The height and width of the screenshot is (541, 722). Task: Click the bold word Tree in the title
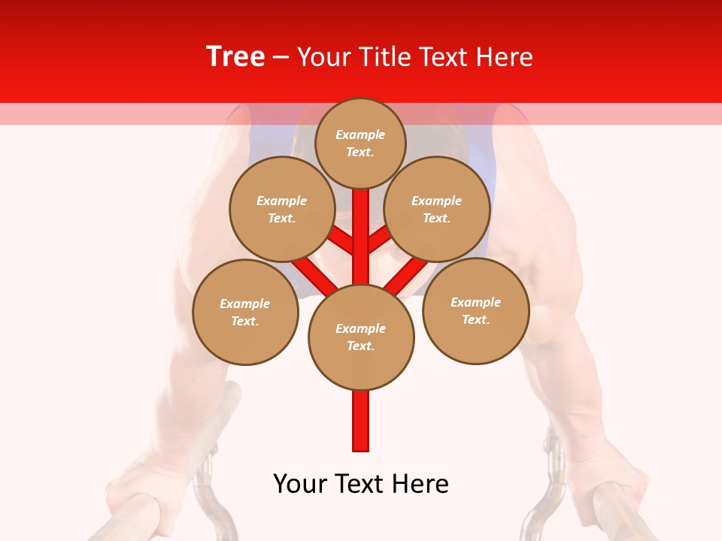(x=235, y=57)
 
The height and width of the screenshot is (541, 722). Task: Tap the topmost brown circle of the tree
(x=360, y=143)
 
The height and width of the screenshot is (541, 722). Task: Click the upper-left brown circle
(x=282, y=209)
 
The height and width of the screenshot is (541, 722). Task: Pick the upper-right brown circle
(x=437, y=209)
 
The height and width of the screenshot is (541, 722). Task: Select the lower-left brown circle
(x=245, y=312)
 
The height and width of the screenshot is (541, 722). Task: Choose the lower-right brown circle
(x=475, y=310)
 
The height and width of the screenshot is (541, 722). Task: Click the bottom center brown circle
(x=361, y=337)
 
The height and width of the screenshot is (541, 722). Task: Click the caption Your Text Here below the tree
(x=361, y=484)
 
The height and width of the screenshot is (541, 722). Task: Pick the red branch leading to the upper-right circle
(x=380, y=239)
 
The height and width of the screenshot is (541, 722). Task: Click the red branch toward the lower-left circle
(x=314, y=276)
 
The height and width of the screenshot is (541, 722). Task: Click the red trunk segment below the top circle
(x=361, y=225)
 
